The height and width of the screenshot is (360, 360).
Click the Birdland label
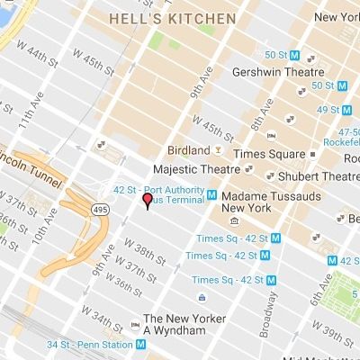[x=189, y=149]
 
